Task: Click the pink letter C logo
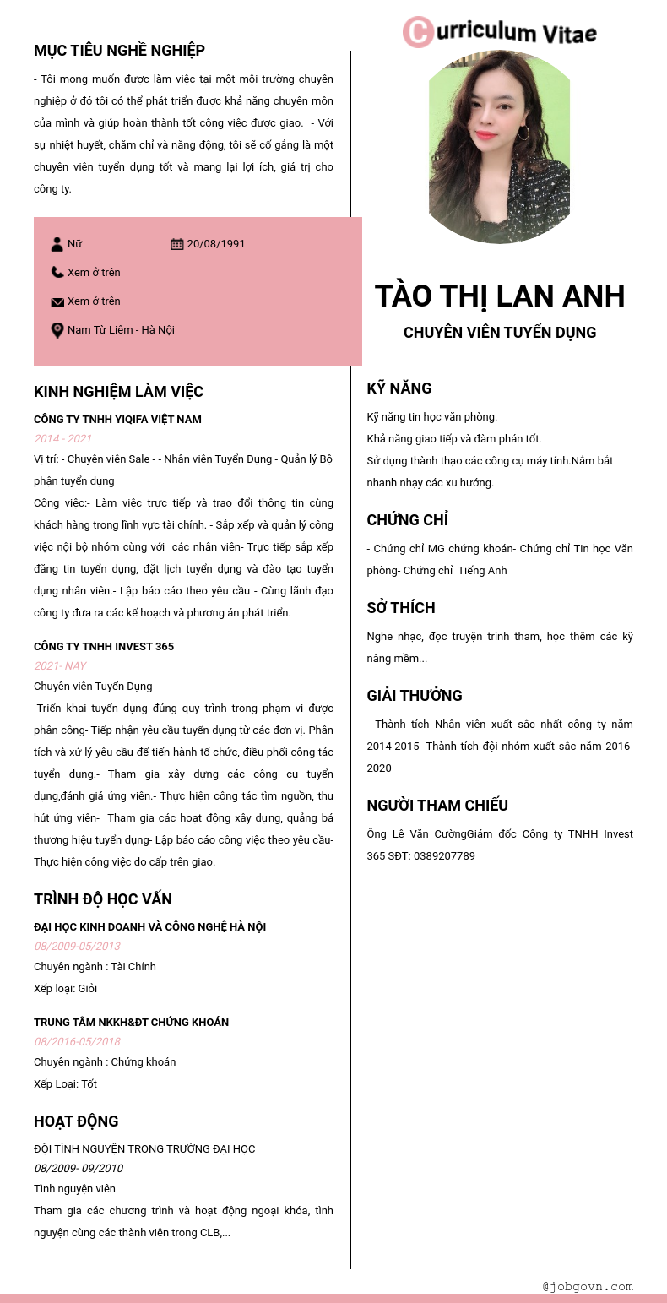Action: coord(418,32)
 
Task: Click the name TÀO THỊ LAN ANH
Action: coord(499,296)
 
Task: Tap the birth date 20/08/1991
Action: coord(216,244)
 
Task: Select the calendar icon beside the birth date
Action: coord(176,244)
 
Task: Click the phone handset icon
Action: coord(57,272)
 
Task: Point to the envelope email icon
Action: coord(57,301)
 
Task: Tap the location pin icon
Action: coord(57,330)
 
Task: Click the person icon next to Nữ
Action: coord(57,244)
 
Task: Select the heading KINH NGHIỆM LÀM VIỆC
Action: coord(118,392)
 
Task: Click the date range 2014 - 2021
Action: coord(63,439)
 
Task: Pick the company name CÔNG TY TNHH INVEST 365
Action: coord(104,647)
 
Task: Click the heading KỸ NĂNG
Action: coord(399,388)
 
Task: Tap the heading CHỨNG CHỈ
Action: coord(407,519)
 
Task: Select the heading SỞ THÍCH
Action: coord(401,608)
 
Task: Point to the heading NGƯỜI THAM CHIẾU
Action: coord(437,806)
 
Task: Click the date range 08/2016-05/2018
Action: coord(78,1042)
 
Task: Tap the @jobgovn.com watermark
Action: coord(588,1287)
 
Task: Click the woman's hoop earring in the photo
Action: coord(523,133)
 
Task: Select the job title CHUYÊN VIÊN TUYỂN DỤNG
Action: coord(500,333)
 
